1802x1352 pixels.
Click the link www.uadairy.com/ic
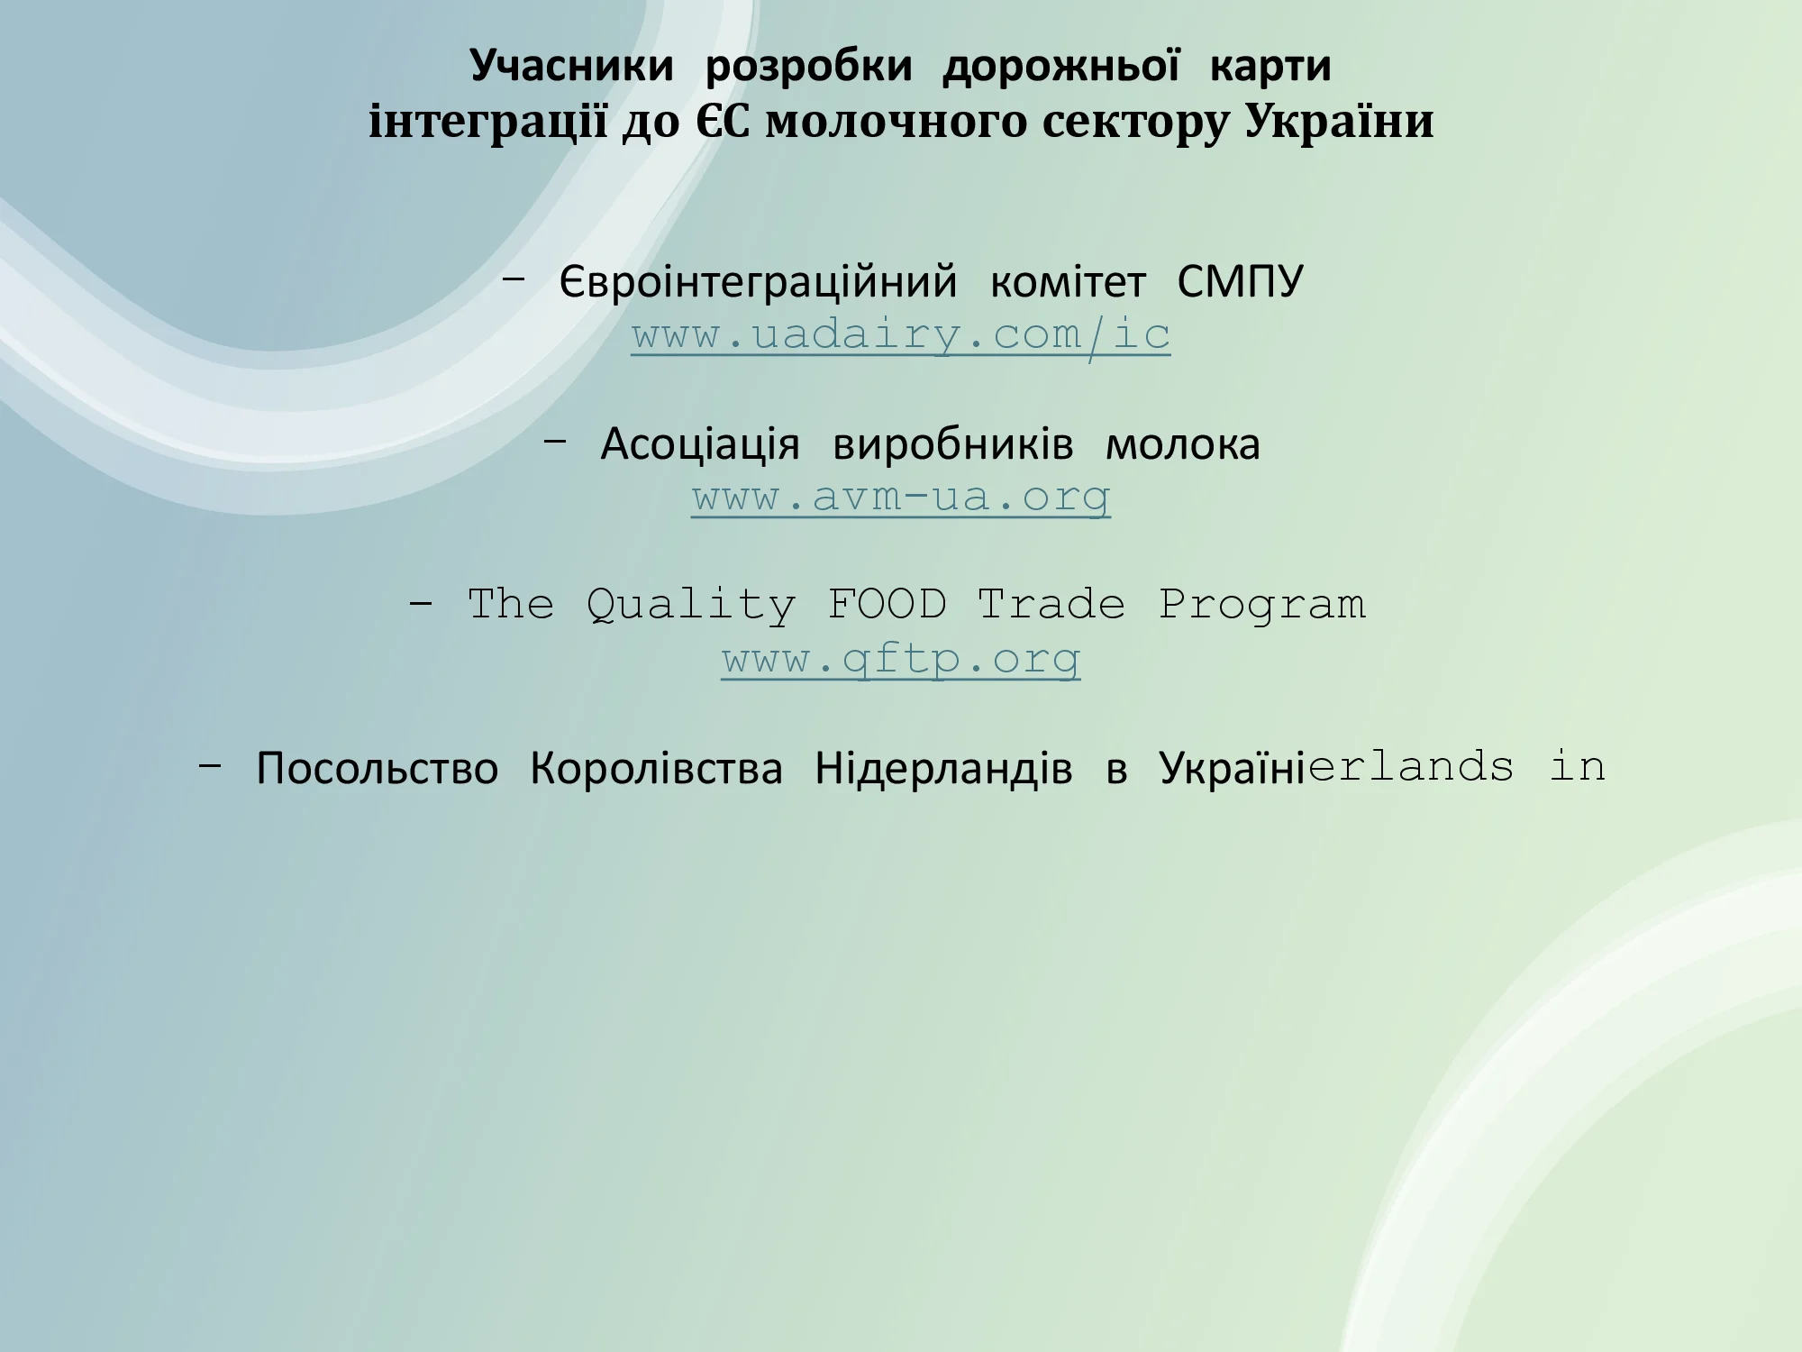(x=901, y=335)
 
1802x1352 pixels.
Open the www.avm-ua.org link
(x=901, y=497)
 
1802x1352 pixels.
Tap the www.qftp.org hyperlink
(x=901, y=659)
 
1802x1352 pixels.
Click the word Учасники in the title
(x=572, y=66)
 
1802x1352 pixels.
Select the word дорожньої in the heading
(x=1060, y=66)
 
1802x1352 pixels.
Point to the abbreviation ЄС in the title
(x=723, y=121)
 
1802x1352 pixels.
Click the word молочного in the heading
(x=896, y=123)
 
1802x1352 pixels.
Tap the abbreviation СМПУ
(x=1240, y=282)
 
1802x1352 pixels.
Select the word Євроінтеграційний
(x=759, y=283)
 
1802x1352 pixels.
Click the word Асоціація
(x=700, y=444)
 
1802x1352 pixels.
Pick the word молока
(x=1183, y=444)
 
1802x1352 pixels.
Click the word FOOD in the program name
(x=887, y=605)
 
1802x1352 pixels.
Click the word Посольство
(x=377, y=769)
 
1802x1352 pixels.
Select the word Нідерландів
(x=944, y=769)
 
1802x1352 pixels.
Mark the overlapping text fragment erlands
(x=1411, y=767)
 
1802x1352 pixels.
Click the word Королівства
(x=657, y=769)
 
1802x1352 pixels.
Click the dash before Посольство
(x=210, y=766)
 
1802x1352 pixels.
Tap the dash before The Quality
(x=421, y=604)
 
